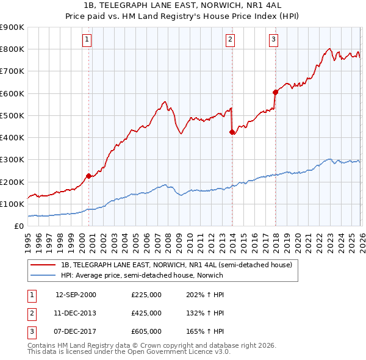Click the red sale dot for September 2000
pyautogui.click(x=88, y=176)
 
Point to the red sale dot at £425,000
pyautogui.click(x=232, y=132)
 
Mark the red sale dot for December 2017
pyautogui.click(x=275, y=92)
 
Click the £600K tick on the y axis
pyautogui.click(x=12, y=93)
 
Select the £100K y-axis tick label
pyautogui.click(x=12, y=204)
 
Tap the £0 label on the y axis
pyautogui.click(x=18, y=226)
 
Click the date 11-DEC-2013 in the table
pyautogui.click(x=76, y=313)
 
